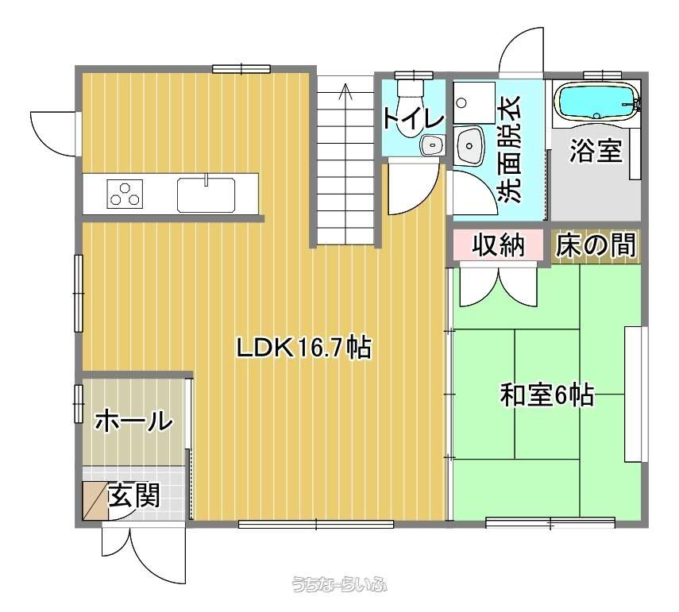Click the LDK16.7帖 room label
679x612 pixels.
pos(303,347)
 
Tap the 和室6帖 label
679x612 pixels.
pos(546,395)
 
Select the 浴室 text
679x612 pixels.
pos(596,150)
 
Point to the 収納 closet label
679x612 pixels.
pos(498,245)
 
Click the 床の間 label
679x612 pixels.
pos(596,245)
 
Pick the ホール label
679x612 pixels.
pos(133,421)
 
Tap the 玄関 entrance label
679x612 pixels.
pos(134,495)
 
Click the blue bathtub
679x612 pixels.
pos(595,101)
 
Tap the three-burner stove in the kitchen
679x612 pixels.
pos(125,194)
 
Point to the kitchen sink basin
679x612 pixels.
pos(206,194)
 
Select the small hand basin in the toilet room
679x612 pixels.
pos(432,144)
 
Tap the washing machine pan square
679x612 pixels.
pos(474,102)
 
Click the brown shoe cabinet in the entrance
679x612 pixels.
pos(95,500)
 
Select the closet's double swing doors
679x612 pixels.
pos(498,286)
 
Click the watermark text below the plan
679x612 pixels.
pos(340,584)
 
